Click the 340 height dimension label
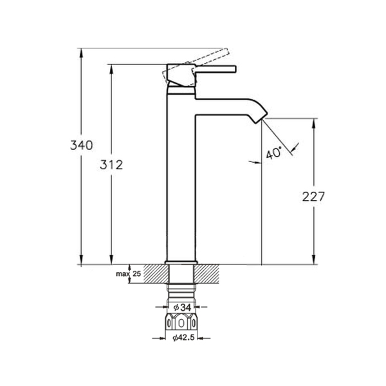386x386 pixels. (x=82, y=145)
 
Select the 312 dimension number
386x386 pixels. (x=111, y=165)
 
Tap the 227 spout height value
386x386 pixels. (x=313, y=197)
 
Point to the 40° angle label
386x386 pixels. (x=274, y=153)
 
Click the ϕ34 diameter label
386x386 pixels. (x=182, y=308)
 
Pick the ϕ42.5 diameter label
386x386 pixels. (x=183, y=338)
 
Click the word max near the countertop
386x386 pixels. (x=123, y=274)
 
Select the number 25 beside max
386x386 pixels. (x=136, y=273)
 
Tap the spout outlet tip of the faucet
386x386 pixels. (x=261, y=119)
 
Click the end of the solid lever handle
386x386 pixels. (x=235, y=69)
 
